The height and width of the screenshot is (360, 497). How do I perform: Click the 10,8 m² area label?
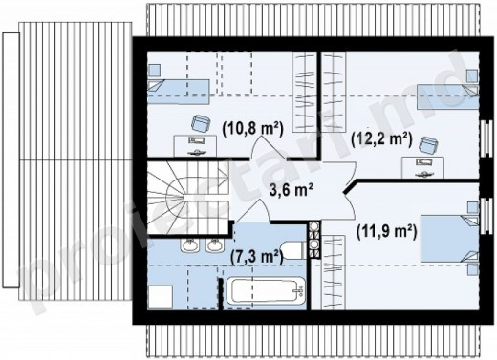252,129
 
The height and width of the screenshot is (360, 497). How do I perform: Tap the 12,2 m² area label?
381,139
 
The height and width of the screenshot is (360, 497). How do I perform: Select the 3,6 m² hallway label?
291,191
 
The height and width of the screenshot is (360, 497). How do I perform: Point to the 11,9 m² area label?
386,232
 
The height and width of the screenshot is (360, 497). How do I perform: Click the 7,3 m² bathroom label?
257,257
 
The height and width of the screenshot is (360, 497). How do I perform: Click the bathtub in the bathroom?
265,290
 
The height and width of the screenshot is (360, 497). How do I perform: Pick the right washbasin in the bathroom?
215,245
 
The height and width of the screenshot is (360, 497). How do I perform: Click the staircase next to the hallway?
188,198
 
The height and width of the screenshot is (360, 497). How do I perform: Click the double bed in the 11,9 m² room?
449,239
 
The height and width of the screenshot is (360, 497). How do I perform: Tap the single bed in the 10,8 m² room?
179,92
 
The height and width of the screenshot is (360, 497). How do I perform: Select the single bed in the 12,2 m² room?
448,96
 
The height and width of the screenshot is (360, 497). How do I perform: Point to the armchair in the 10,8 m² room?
201,123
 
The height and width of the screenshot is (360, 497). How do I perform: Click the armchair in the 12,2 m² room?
428,145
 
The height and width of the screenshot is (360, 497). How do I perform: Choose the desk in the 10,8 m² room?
195,146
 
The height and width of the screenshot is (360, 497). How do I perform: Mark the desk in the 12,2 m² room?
422,167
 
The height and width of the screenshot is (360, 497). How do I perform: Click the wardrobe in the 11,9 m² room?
334,272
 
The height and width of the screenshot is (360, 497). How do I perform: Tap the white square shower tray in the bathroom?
161,297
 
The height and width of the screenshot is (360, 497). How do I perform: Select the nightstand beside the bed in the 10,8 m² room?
154,71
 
